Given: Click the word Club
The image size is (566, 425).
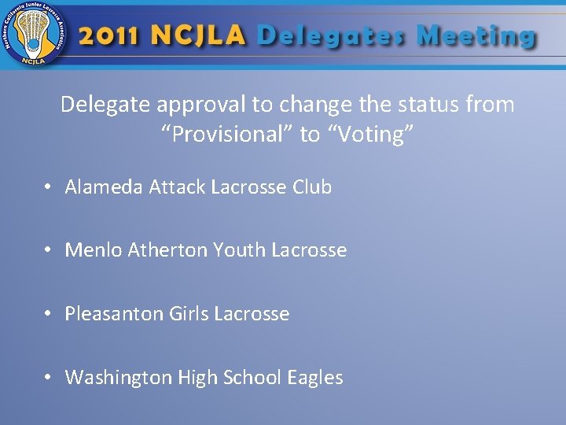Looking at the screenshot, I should [312, 187].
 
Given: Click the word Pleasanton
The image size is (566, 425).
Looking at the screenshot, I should [114, 314].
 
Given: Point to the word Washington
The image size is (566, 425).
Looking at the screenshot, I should [119, 378].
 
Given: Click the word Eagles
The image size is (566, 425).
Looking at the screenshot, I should [315, 379].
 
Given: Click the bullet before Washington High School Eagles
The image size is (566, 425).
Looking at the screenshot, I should [49, 378].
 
